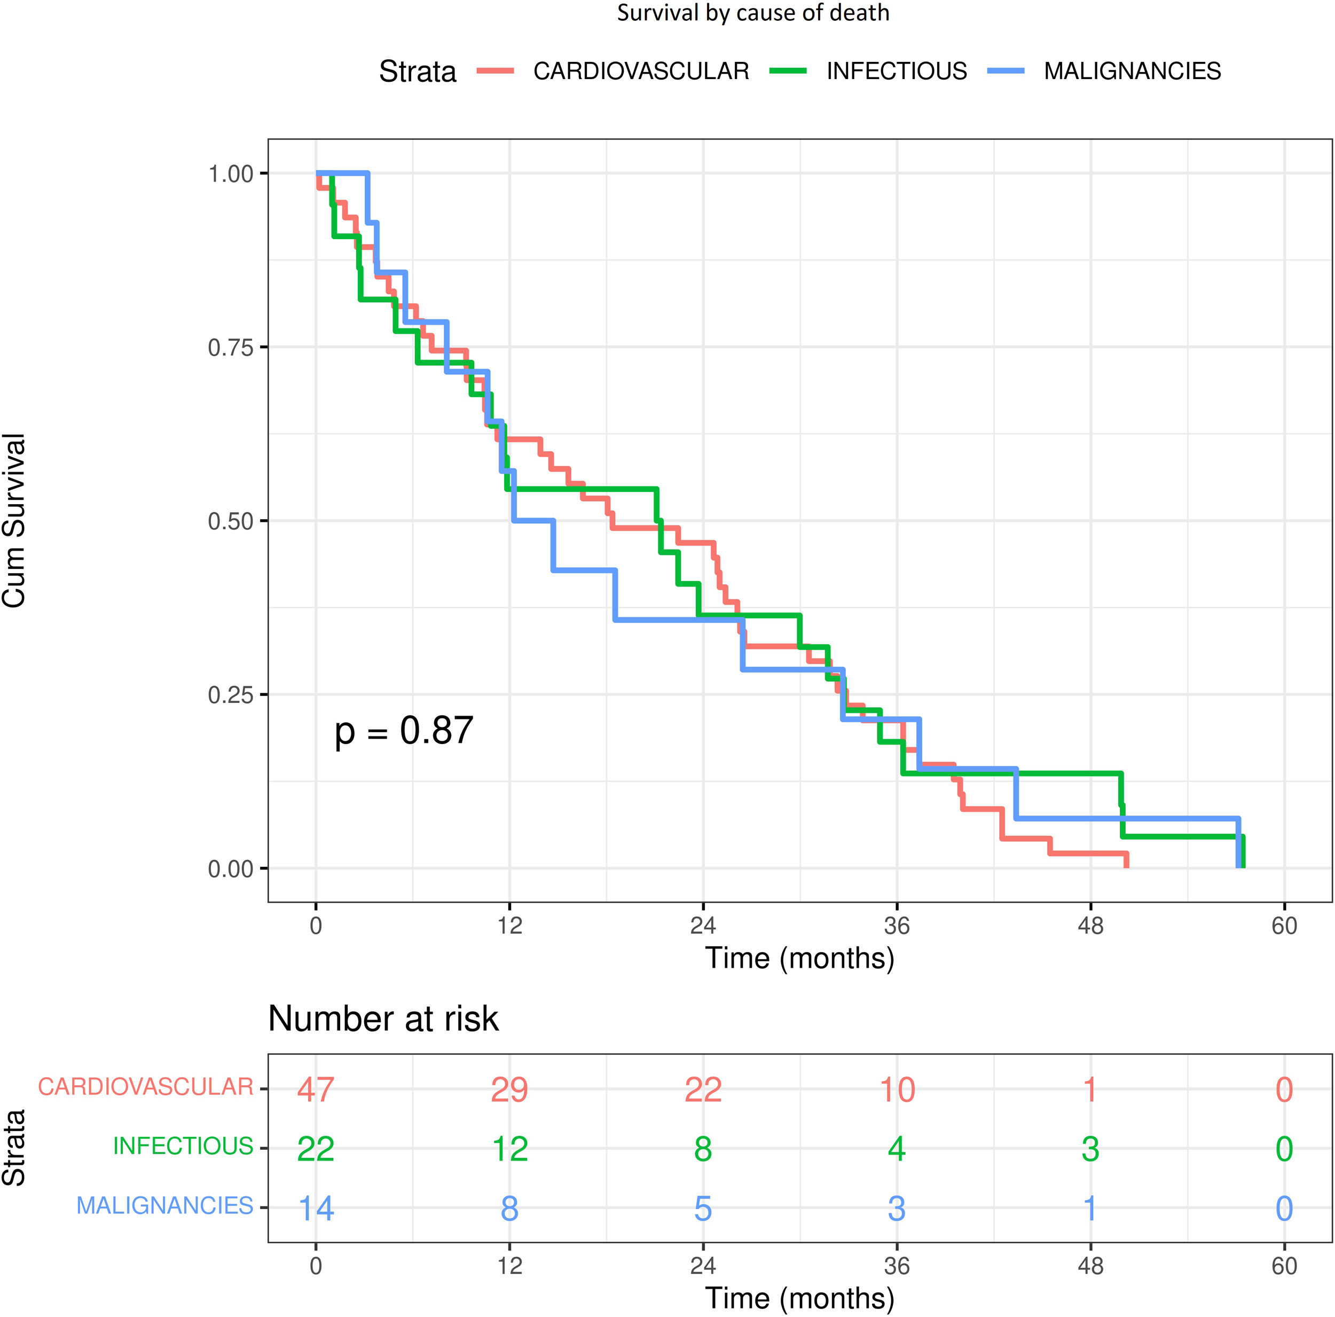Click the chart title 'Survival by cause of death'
752,13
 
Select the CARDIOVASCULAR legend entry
641,71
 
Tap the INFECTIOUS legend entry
896,71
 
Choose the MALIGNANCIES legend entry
1132,71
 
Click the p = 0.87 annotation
404,731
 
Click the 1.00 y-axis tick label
231,174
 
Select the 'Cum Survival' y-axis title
14,520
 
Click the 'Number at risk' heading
383,1018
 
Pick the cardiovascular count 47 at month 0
316,1089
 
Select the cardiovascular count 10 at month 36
897,1089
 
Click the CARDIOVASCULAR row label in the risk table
145,1087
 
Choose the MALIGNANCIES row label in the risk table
164,1206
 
